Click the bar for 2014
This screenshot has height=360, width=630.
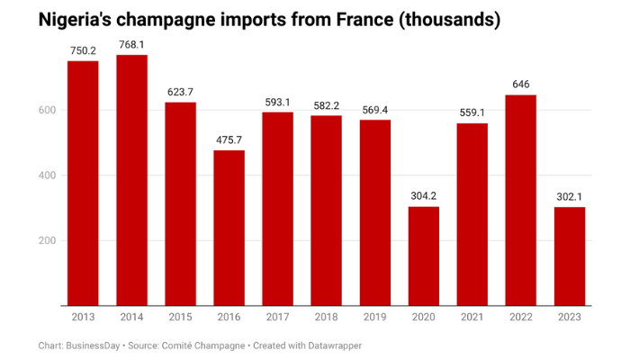131,180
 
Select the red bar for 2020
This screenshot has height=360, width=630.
424,256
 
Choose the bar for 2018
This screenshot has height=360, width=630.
326,211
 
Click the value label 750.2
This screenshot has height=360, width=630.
83,51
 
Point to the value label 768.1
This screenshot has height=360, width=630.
131,45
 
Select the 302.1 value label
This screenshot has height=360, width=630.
570,197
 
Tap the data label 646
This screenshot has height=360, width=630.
521,85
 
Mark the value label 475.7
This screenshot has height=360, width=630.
229,140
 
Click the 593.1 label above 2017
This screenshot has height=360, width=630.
277,102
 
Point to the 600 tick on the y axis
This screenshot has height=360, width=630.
47,111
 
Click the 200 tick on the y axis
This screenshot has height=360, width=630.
47,241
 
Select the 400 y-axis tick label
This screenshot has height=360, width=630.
47,175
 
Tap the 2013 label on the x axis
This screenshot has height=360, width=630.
83,317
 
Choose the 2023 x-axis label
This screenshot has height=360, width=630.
570,317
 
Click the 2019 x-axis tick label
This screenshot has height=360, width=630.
375,317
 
